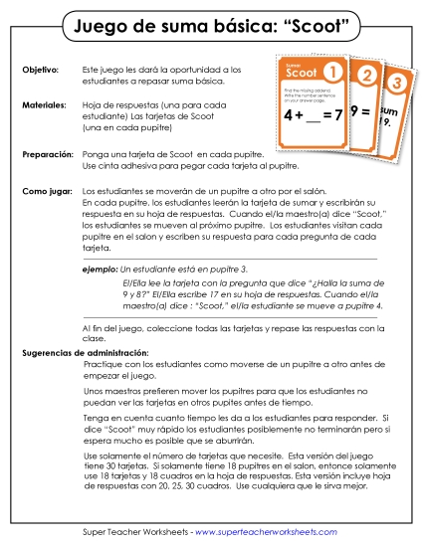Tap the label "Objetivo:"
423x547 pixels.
tap(41, 70)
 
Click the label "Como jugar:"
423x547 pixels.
tap(46, 188)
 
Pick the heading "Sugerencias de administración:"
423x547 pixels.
tap(86, 353)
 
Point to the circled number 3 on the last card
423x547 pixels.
tap(395, 82)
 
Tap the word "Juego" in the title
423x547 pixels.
tap(96, 23)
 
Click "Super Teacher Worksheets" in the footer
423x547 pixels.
tap(135, 533)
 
